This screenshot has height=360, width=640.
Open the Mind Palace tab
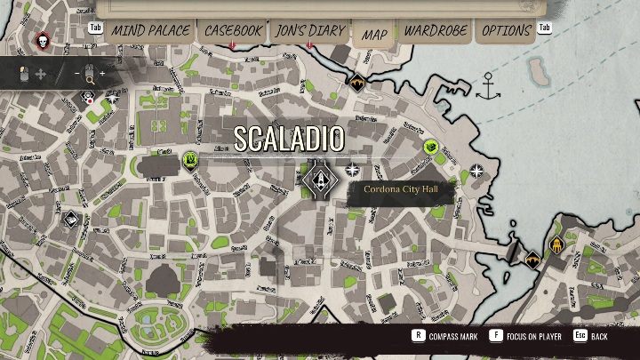coord(150,30)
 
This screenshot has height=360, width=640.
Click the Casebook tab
coord(233,30)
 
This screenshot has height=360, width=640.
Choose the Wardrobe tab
coord(436,30)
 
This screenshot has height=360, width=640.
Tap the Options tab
coord(506,30)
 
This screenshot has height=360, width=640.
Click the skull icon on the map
coord(42,40)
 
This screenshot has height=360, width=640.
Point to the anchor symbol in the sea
coord(487,86)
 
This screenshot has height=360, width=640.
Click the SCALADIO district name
coord(289,138)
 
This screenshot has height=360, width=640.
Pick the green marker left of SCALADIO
coord(190,160)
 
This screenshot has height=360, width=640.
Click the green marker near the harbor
coord(432,146)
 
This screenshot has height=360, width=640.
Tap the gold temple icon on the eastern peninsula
coord(556,244)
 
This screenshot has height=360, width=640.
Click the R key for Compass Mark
coord(417,337)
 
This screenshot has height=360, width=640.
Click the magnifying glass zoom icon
coord(90,78)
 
